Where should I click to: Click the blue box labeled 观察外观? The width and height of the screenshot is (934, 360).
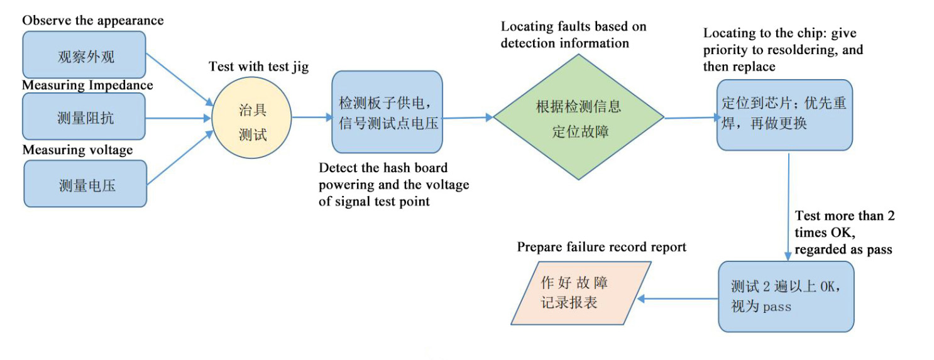(x=84, y=55)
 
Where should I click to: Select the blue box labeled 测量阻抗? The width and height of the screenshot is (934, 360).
(x=84, y=116)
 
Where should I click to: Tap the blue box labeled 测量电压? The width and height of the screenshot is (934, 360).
(x=85, y=183)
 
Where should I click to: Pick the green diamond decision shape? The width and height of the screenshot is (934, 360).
(x=578, y=117)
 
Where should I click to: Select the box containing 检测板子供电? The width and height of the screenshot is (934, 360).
(x=387, y=112)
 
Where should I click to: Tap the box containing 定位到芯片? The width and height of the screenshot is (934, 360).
(x=784, y=114)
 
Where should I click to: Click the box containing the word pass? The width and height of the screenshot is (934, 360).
(x=786, y=296)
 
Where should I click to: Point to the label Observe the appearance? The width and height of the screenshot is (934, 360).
(x=93, y=20)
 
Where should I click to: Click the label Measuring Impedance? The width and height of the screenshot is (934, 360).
(x=88, y=85)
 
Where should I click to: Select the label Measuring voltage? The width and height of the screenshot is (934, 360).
(x=78, y=150)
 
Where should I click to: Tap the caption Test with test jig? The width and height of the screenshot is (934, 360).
(x=259, y=67)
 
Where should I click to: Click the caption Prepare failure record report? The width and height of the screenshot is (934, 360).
(x=602, y=247)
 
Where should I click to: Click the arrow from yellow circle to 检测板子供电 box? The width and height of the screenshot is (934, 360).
(x=312, y=117)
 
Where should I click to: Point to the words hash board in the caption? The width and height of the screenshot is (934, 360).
(x=417, y=168)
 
